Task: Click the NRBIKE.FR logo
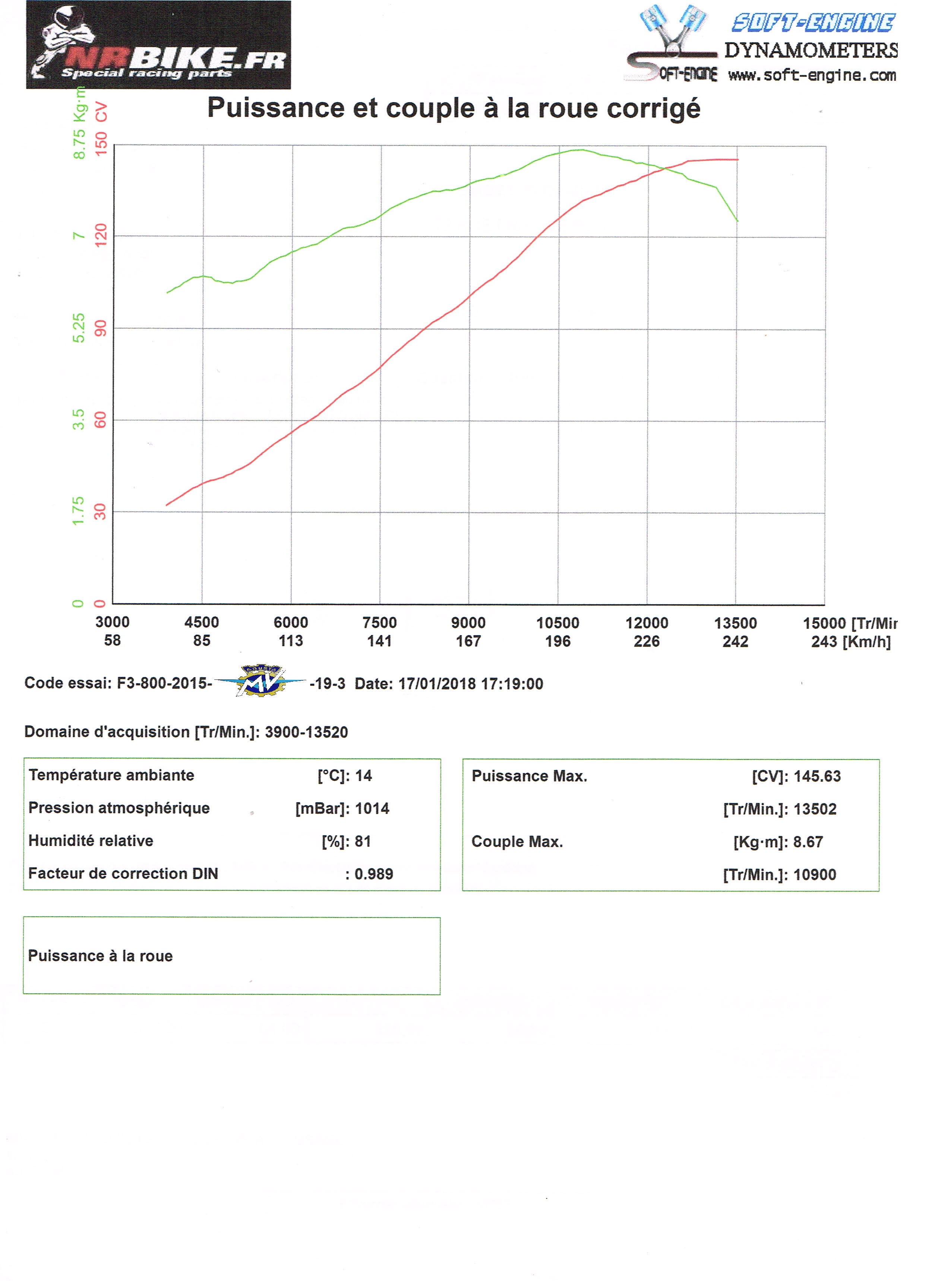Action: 158,45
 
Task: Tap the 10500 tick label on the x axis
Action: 558,623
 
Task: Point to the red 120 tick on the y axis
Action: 101,235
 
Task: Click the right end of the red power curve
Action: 738,160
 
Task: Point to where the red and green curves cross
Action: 661,168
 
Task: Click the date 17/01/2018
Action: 437,684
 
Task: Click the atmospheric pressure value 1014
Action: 372,808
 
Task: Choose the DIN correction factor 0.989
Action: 374,874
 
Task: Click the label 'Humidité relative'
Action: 91,841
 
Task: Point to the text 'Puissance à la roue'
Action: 101,956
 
